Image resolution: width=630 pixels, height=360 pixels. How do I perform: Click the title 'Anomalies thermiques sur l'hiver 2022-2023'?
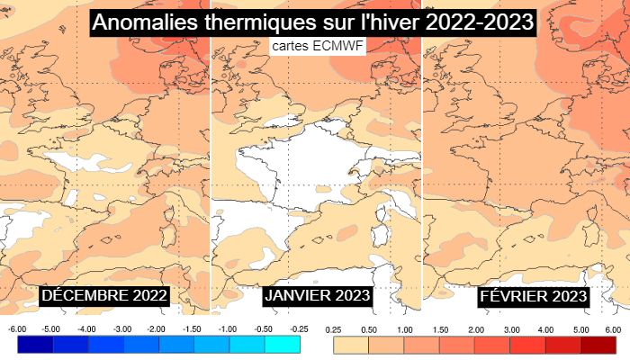[313, 22]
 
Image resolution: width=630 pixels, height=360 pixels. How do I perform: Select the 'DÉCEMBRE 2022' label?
[105, 295]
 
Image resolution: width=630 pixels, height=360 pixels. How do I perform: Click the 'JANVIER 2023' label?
[318, 295]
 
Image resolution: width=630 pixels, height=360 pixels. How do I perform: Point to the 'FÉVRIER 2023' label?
[534, 295]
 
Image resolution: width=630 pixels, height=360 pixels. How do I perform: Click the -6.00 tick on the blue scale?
[17, 329]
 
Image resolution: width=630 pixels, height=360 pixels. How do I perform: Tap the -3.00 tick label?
[123, 329]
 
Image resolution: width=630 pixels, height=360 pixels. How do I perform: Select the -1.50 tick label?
[193, 329]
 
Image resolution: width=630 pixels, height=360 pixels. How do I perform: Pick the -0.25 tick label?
[299, 329]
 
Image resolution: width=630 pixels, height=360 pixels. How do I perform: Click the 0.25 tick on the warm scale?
[334, 329]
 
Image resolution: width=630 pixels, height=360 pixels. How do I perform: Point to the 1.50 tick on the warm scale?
[440, 329]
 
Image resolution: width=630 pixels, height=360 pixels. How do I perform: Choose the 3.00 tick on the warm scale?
[511, 329]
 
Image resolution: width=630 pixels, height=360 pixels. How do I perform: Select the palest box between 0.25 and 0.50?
[352, 344]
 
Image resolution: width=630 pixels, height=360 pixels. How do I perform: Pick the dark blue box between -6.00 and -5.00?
[35, 344]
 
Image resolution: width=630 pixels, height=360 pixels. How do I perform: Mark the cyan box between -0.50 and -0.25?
[282, 344]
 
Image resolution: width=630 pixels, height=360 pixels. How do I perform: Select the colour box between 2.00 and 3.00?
[493, 344]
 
